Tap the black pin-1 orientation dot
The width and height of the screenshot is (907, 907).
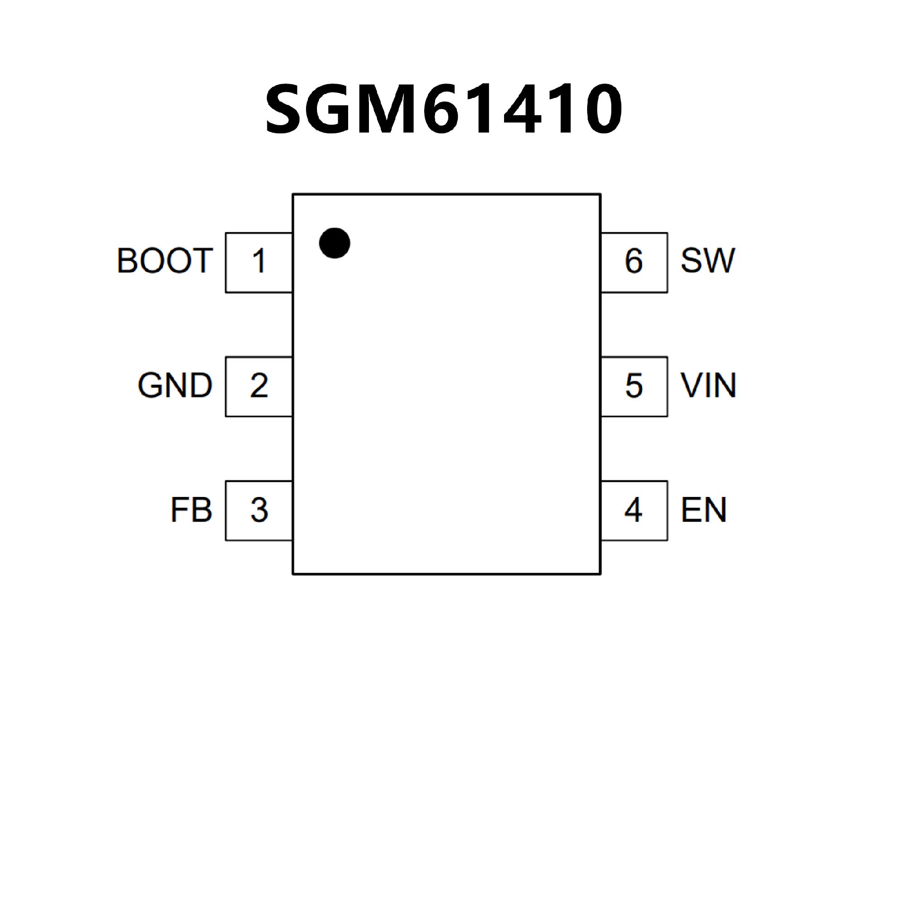pyautogui.click(x=334, y=243)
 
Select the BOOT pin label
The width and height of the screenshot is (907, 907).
pyautogui.click(x=164, y=261)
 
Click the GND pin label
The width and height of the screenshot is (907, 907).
pyautogui.click(x=175, y=385)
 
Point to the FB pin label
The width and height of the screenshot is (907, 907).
pyautogui.click(x=191, y=510)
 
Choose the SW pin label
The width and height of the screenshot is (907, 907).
pyautogui.click(x=708, y=261)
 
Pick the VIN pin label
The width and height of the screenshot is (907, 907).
pyautogui.click(x=708, y=385)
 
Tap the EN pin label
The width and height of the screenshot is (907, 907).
pyautogui.click(x=703, y=510)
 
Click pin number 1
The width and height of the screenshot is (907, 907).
pyautogui.click(x=258, y=261)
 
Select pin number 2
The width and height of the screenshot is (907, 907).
pyautogui.click(x=259, y=385)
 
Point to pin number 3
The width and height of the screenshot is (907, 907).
pyautogui.click(x=259, y=510)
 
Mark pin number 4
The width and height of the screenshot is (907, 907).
pyautogui.click(x=633, y=510)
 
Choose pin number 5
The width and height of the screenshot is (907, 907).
pyautogui.click(x=634, y=385)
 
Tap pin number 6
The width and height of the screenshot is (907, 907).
pyautogui.click(x=634, y=261)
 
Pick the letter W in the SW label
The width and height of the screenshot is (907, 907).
pyautogui.click(x=719, y=261)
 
